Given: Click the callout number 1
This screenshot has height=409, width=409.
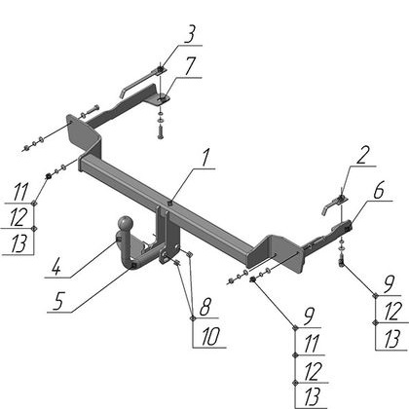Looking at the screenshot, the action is coord(205,158).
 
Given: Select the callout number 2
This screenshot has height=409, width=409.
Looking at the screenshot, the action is coord(362,156).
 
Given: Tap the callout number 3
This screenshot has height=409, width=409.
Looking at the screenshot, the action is coord(190,34).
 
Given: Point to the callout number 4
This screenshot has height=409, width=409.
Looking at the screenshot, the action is coord(56,268).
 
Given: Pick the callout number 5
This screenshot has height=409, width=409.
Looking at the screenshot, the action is coord(58,301).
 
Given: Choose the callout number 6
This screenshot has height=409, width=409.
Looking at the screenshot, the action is coord(379,191).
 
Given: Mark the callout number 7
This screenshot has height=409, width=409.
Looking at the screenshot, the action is coord(190,66).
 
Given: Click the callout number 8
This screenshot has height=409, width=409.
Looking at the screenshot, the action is coord(205,307).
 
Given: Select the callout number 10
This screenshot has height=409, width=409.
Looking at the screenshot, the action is coord(210,336).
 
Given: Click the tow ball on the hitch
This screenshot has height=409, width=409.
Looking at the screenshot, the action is coord(126,223).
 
